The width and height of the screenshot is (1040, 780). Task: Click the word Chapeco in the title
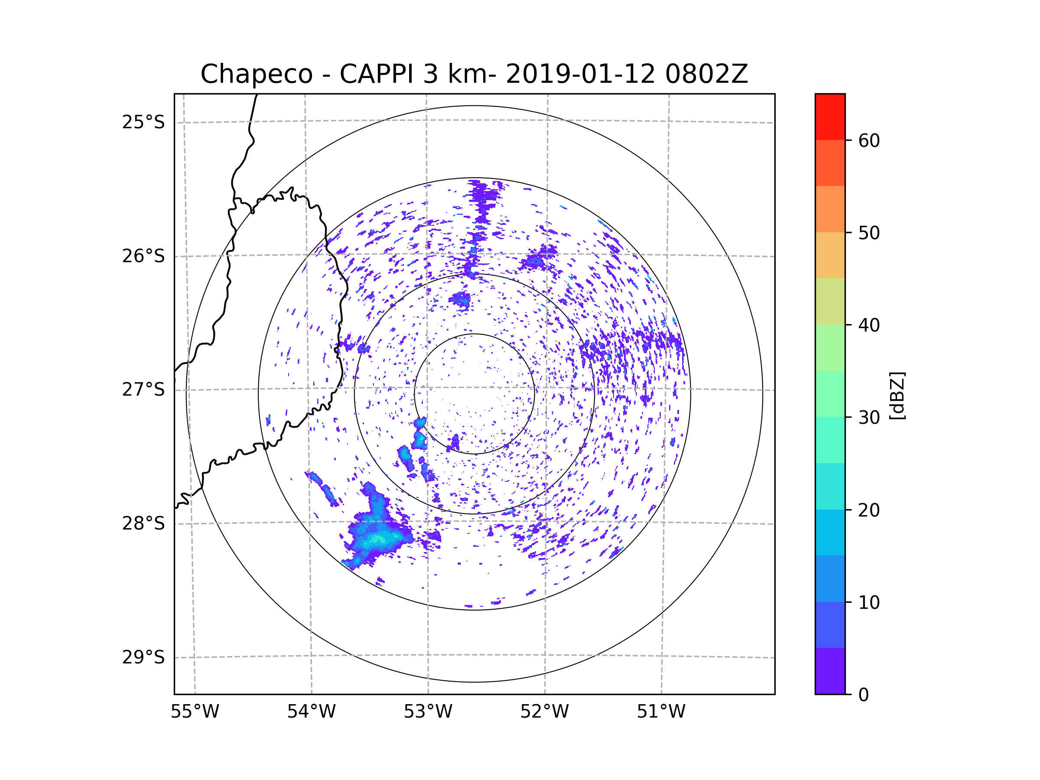pos(256,74)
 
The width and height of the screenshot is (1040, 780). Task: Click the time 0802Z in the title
pos(706,74)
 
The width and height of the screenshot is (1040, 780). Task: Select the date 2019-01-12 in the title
pos(580,74)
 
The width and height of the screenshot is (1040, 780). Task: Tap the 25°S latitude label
pos(143,122)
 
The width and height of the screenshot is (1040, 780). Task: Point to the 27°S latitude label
pos(143,389)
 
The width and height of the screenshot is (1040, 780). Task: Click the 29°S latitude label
pos(143,657)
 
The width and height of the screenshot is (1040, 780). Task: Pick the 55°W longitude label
pos(195,712)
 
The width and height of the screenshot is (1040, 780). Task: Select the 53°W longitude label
pos(428,712)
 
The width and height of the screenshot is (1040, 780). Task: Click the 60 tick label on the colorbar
pos(869,140)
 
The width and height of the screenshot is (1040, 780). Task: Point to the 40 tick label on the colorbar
pos(869,325)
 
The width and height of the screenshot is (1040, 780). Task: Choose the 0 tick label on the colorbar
pos(864,695)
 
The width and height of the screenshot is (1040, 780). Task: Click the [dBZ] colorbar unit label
pos(897,395)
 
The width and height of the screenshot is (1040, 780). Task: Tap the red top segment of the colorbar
pos(830,117)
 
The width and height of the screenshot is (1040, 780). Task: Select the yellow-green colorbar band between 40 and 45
pos(830,301)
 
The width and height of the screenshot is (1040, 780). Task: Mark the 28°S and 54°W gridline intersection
pos(311,522)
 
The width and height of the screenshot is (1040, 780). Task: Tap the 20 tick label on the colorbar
pos(869,510)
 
